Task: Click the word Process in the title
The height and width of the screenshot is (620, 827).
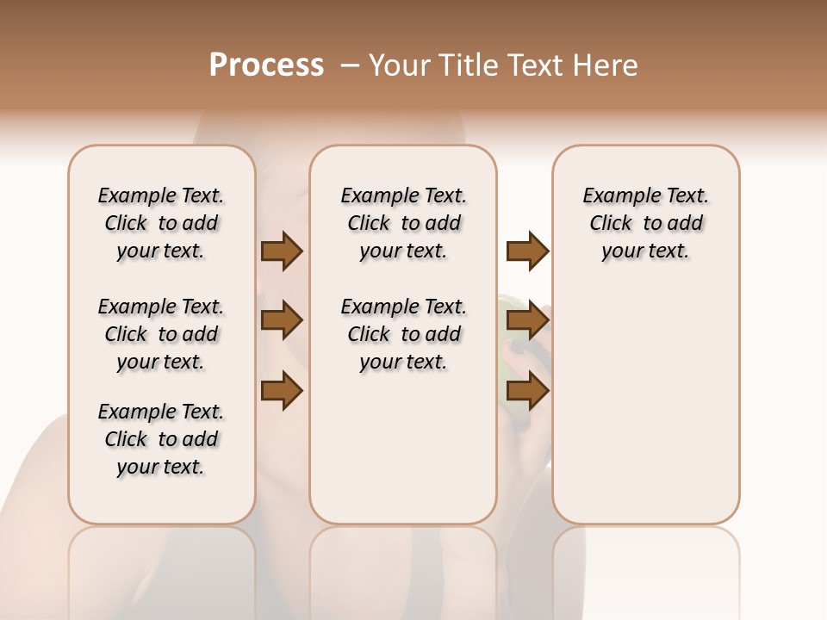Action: [x=266, y=65]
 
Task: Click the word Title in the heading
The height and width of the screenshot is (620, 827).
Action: [x=470, y=65]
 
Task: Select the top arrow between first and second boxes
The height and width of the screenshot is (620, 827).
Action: [x=282, y=251]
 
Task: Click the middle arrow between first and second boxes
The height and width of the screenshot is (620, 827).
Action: [x=282, y=321]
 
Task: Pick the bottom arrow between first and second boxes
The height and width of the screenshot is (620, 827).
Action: [x=282, y=391]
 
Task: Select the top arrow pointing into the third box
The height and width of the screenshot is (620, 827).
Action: [x=527, y=251]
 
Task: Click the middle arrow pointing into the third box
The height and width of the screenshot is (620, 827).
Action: [x=527, y=321]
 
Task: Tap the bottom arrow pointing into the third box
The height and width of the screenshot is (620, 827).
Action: [x=527, y=391]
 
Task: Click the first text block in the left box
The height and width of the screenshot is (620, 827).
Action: [x=161, y=223]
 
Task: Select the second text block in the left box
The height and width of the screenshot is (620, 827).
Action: [x=161, y=334]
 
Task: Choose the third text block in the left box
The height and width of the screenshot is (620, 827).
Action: [x=161, y=439]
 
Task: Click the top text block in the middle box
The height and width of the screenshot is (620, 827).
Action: [x=403, y=223]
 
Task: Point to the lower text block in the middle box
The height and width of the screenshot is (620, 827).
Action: [x=403, y=334]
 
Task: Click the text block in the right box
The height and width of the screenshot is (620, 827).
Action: [x=645, y=223]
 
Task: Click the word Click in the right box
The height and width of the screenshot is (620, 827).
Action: [x=611, y=224]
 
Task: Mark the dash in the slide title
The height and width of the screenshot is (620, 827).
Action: [x=350, y=65]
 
